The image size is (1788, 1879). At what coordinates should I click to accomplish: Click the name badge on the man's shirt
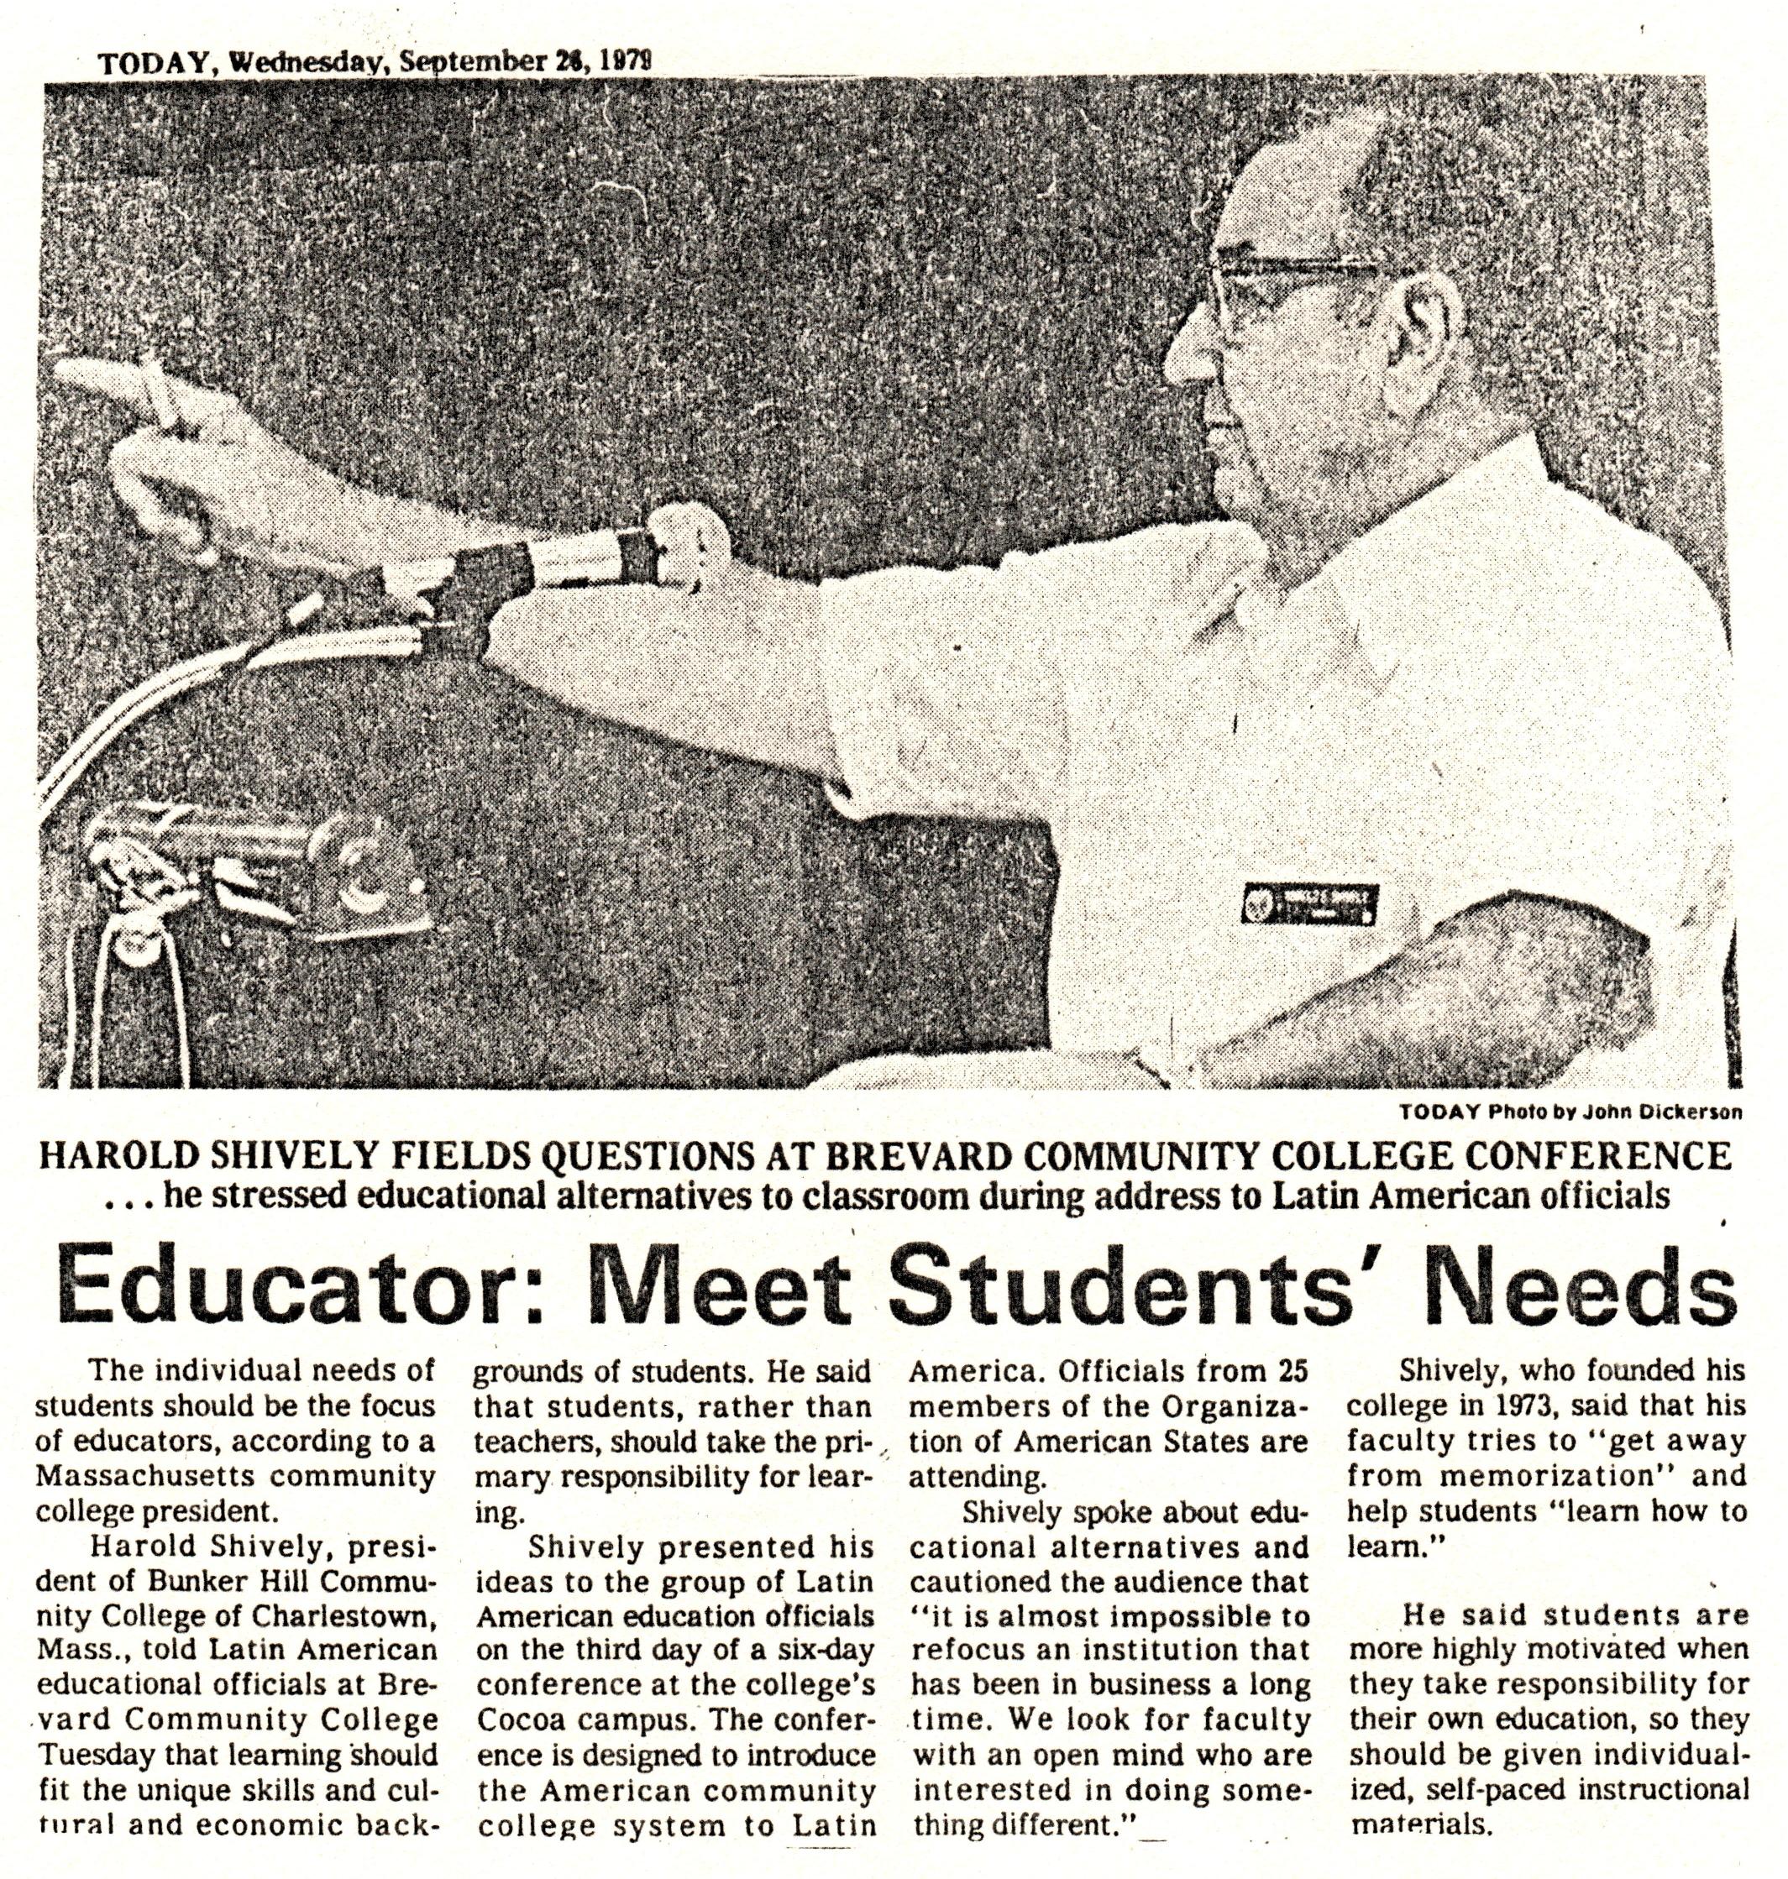pos(1309,903)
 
